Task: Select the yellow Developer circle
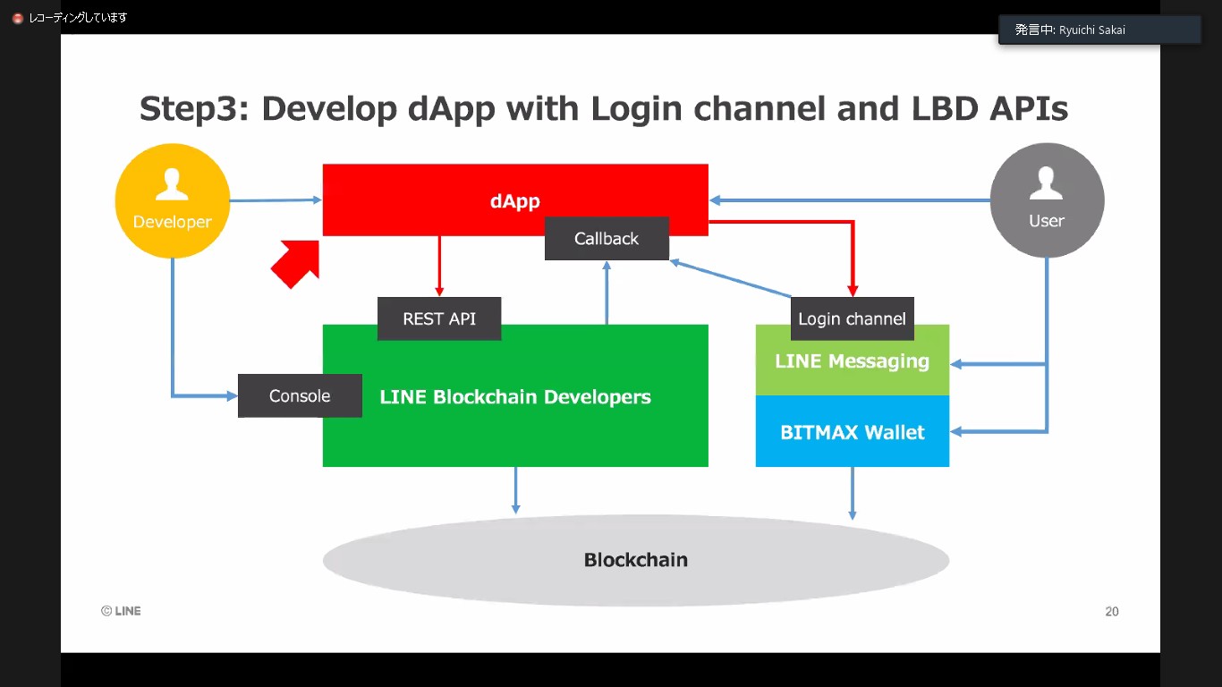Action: [x=172, y=200]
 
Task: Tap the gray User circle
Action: [x=1047, y=200]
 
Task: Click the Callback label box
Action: [x=607, y=239]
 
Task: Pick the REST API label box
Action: [x=438, y=318]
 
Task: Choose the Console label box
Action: [x=300, y=395]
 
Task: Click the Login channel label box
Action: [x=852, y=318]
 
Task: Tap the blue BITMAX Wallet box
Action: [x=852, y=432]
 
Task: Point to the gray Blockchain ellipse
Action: [x=635, y=560]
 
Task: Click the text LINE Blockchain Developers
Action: [x=514, y=397]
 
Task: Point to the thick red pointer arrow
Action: [x=295, y=263]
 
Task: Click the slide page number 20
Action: [x=1111, y=612]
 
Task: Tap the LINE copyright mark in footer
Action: [x=121, y=611]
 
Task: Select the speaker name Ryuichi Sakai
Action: [x=1091, y=30]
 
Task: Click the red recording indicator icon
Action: [x=17, y=18]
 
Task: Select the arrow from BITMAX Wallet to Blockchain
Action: [x=852, y=493]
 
